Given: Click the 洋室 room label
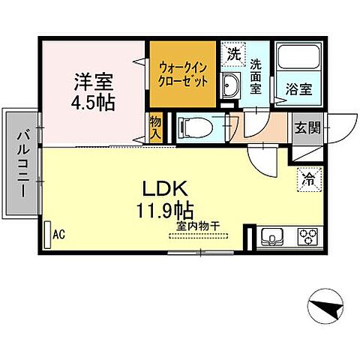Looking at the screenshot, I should point(94,79).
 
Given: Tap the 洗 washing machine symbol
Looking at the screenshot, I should point(234,55).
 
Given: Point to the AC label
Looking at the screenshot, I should point(59,234).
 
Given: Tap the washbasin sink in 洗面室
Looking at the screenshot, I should point(230,85).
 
